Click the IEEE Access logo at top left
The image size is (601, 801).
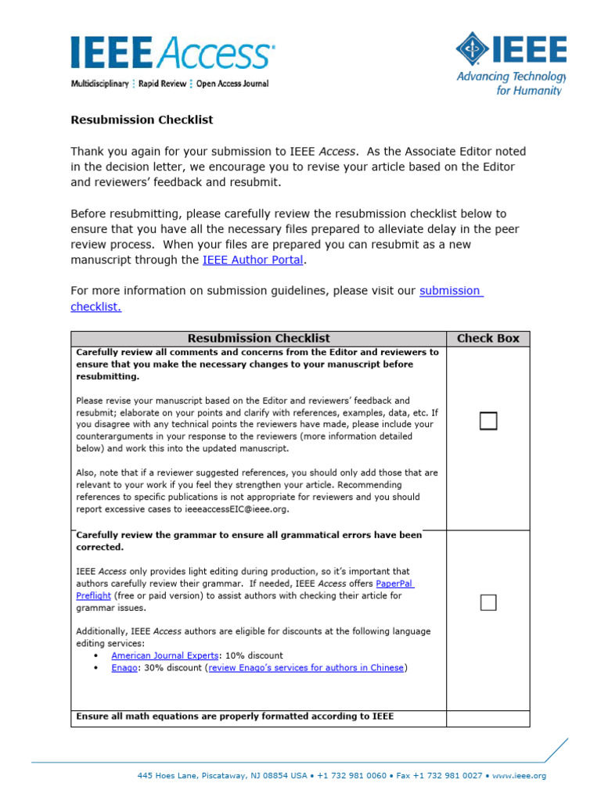(172, 53)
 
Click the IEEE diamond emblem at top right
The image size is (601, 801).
(473, 48)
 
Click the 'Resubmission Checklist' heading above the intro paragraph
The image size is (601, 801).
(142, 120)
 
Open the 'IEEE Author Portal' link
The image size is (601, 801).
(252, 260)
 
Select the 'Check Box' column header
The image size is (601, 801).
(488, 338)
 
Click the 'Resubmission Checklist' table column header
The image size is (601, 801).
(258, 338)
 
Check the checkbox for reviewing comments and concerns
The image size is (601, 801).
(488, 422)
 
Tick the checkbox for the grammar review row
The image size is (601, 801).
(488, 602)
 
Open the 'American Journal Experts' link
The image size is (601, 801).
(165, 656)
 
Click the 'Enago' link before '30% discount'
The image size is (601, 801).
(124, 668)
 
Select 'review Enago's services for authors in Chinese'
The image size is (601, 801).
(306, 668)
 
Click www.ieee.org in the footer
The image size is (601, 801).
(519, 776)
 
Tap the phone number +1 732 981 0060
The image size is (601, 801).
(352, 776)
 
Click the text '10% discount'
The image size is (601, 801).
(254, 656)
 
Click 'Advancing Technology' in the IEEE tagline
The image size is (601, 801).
(510, 77)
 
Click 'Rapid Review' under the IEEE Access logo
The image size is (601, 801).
(162, 84)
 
